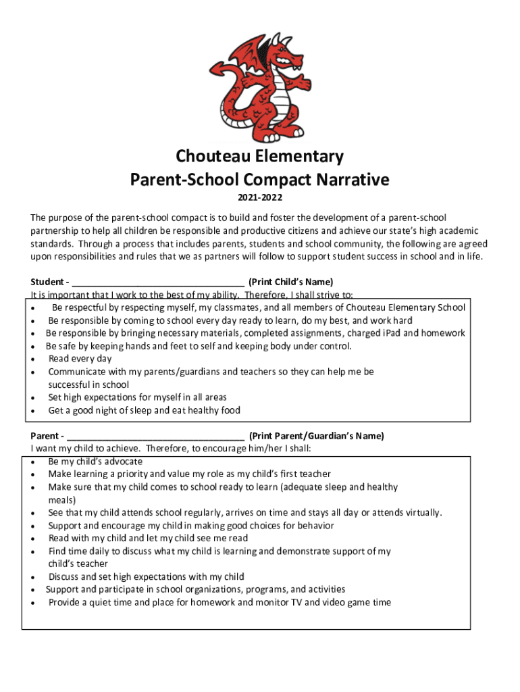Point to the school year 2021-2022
click(x=259, y=198)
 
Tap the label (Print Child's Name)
click(x=291, y=282)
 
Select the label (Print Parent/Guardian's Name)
click(x=316, y=436)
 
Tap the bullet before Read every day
click(x=34, y=360)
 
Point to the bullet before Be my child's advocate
click(x=34, y=462)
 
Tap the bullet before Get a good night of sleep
click(x=34, y=411)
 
